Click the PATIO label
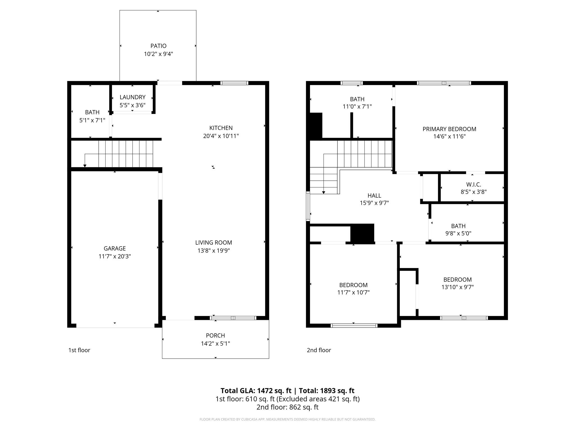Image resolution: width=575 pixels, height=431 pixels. [158, 46]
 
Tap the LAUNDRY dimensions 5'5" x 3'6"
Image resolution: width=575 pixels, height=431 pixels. [133, 105]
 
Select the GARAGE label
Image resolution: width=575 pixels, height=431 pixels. [115, 248]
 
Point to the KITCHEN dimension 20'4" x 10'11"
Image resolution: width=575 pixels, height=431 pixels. [221, 136]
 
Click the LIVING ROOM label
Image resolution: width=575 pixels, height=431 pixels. [214, 242]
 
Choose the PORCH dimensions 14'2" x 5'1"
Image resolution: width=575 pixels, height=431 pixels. [215, 343]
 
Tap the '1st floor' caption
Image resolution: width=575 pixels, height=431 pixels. [79, 350]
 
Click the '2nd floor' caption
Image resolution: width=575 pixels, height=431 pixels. [319, 350]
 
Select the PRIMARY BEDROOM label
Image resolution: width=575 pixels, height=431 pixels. [449, 129]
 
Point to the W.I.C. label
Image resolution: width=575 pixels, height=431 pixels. [474, 185]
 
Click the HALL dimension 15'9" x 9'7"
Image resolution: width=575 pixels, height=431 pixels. [374, 203]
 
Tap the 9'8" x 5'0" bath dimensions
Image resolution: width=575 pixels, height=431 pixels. [458, 233]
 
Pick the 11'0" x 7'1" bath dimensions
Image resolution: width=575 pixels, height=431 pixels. [357, 107]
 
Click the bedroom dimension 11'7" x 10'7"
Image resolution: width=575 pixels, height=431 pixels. [353, 292]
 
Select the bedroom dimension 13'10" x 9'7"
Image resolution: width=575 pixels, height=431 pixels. [457, 287]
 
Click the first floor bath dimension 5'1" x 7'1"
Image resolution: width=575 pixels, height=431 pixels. [92, 120]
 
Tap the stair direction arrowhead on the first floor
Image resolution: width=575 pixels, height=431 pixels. [85, 166]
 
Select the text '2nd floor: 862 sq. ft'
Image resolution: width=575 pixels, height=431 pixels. [287, 407]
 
